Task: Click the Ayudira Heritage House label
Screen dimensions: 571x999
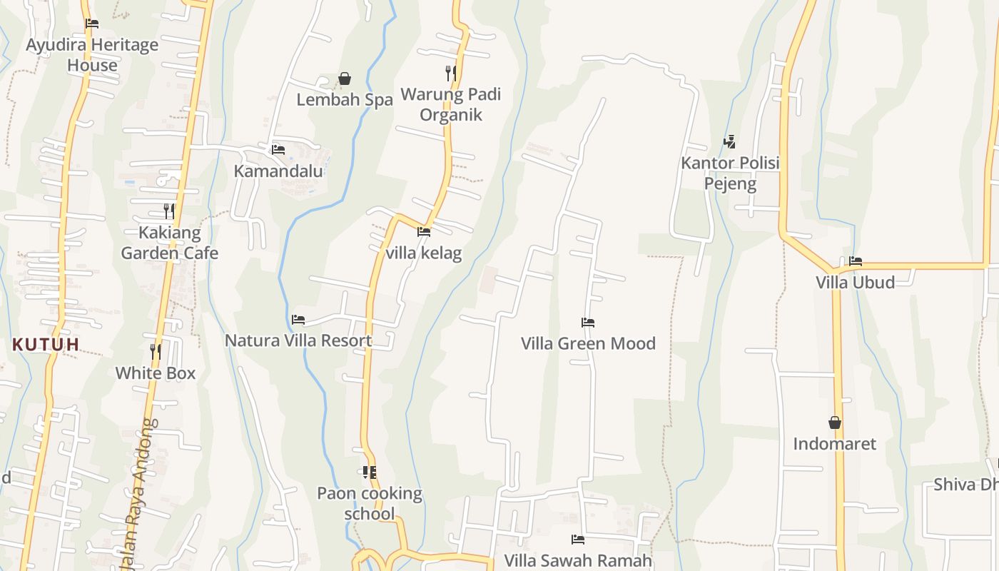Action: point(92,55)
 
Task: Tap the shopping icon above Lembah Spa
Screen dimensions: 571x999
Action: point(345,79)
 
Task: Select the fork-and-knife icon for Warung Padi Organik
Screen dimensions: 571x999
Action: point(451,73)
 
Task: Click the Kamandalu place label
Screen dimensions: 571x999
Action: point(278,171)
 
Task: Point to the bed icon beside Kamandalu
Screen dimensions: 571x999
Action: point(278,150)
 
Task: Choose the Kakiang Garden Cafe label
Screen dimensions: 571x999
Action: point(169,243)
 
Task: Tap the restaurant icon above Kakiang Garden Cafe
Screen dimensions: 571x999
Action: point(169,211)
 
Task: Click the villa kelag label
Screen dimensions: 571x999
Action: point(423,253)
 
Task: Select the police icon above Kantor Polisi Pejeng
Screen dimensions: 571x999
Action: point(729,142)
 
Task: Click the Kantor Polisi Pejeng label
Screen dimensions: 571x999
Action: point(729,173)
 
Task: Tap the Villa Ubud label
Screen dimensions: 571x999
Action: point(855,282)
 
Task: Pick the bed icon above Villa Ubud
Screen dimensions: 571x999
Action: point(856,261)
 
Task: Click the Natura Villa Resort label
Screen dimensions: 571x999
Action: point(298,340)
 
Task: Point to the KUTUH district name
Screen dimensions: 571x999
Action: point(46,345)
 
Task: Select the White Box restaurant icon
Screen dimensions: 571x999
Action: point(156,351)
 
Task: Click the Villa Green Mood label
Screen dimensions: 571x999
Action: point(588,343)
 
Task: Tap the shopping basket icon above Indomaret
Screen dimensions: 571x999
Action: point(835,423)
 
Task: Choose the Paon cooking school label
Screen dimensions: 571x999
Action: point(370,503)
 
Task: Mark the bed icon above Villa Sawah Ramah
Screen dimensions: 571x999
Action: point(578,540)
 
